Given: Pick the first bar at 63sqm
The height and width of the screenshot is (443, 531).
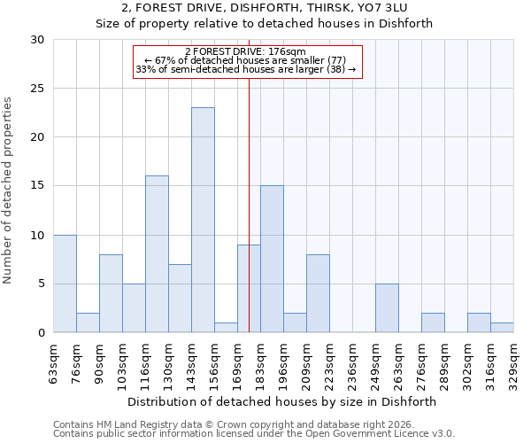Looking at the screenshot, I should [x=65, y=284].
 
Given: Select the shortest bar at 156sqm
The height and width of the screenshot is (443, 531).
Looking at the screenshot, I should [x=226, y=327].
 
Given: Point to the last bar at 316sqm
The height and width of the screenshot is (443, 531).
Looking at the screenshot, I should [x=502, y=327].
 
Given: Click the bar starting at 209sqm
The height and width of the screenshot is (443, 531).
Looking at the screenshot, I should [x=318, y=293].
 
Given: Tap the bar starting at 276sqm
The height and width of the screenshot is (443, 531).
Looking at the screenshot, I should [x=433, y=323].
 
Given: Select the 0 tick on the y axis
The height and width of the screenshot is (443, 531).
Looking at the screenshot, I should [x=41, y=333].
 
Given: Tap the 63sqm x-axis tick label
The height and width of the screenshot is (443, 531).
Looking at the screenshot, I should [x=54, y=361].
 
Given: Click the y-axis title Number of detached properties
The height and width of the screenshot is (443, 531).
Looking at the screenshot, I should [x=9, y=190].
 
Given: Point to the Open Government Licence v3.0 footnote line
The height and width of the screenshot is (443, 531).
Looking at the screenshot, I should [x=254, y=434].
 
